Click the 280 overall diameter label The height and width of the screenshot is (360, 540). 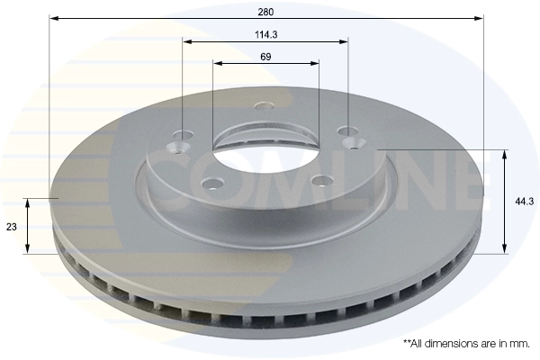pos(265,12)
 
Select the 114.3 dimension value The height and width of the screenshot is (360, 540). pos(265,35)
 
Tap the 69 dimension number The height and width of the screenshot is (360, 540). pos(265,57)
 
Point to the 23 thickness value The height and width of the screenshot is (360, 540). pos(12,227)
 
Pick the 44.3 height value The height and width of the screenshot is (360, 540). pos(525,202)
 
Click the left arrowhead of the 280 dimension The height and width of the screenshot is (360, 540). pos(54,18)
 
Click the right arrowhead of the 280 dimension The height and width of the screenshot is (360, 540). pos(479,18)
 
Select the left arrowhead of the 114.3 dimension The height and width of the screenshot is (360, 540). pos(187,42)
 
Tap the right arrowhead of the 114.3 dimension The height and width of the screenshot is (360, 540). pos(344,42)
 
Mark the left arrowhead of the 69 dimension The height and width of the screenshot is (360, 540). pos(218,63)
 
